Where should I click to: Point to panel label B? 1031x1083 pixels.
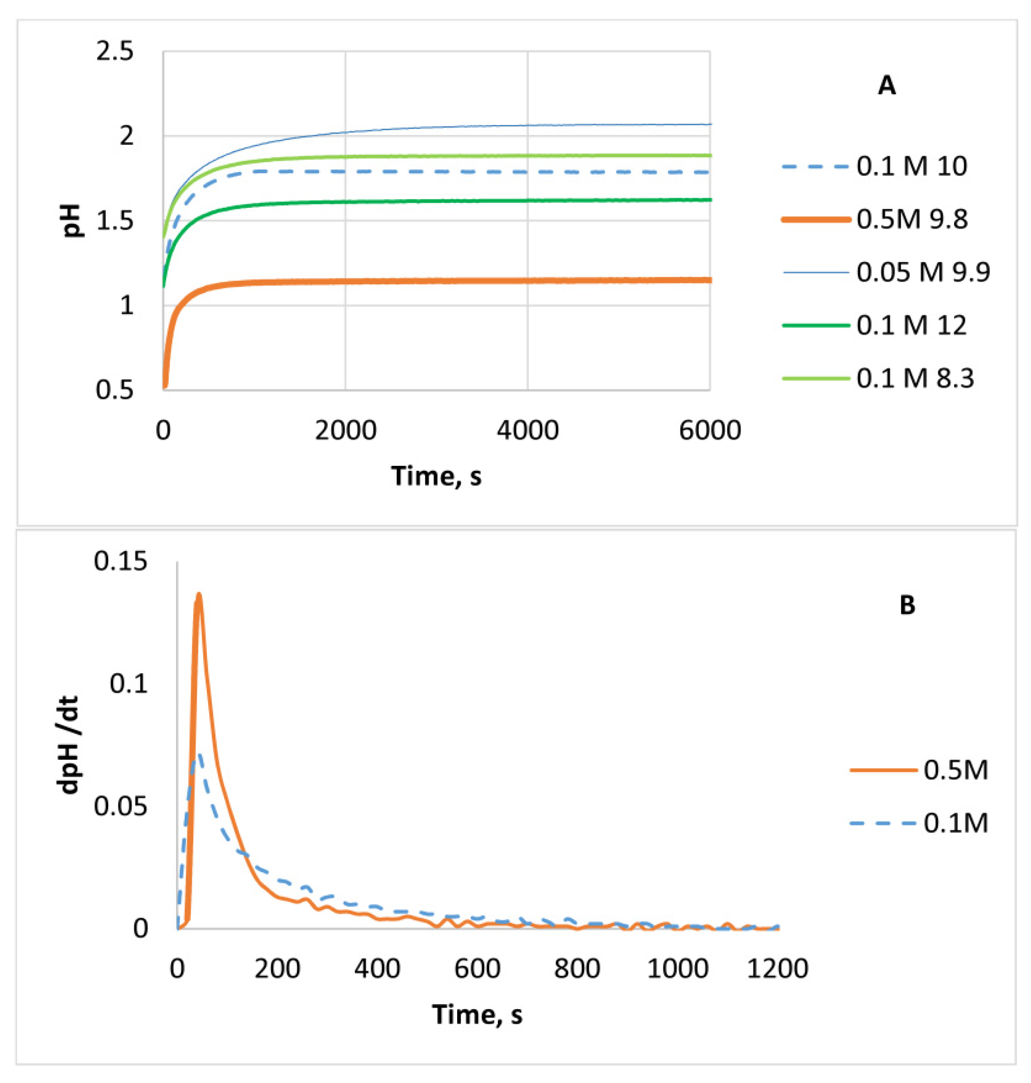[907, 605]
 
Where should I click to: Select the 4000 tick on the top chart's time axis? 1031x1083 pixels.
[528, 431]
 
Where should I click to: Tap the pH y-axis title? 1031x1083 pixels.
[72, 220]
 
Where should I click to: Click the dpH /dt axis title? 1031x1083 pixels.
[70, 745]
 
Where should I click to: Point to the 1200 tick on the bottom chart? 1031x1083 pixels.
[778, 968]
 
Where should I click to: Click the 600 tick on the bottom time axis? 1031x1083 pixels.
[477, 968]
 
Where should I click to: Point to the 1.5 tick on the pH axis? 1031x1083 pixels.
[115, 221]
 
